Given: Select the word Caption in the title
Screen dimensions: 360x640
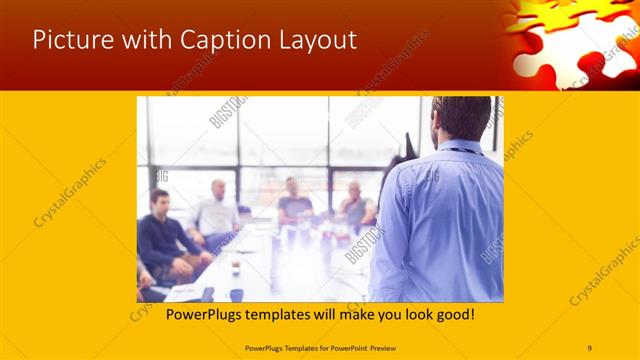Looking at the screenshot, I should (219, 40).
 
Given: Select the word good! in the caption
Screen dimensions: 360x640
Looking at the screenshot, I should (454, 313).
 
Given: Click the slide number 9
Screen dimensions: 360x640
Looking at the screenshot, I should (589, 347).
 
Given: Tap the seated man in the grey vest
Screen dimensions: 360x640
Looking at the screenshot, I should (355, 205).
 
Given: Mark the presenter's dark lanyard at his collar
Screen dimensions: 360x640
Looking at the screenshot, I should (460, 151).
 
